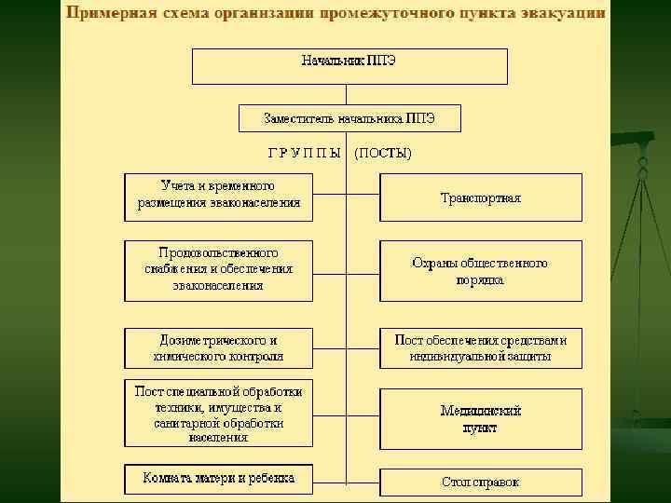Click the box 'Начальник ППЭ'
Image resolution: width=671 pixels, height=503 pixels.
pyautogui.click(x=349, y=66)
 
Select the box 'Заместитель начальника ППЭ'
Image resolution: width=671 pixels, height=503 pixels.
pyautogui.click(x=349, y=119)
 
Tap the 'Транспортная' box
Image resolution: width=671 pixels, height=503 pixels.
pyautogui.click(x=481, y=197)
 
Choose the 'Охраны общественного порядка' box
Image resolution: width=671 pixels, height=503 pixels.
pyautogui.click(x=481, y=271)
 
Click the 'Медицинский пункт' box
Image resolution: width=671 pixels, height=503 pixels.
pyautogui.click(x=481, y=418)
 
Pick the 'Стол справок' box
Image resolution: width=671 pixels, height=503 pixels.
pyautogui.click(x=481, y=483)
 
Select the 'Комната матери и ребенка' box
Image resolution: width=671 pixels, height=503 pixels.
pyautogui.click(x=219, y=479)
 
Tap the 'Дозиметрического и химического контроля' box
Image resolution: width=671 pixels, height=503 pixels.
pyautogui.click(x=219, y=347)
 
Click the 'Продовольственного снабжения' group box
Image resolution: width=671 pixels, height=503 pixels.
pyautogui.click(x=219, y=270)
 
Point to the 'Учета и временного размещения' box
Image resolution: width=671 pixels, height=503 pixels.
pyautogui.click(x=219, y=195)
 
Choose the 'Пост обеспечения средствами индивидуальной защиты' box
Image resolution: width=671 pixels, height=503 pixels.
pyautogui.click(x=481, y=347)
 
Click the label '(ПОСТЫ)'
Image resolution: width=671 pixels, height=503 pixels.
pyautogui.click(x=383, y=152)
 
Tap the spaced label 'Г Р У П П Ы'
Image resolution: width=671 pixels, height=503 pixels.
pyautogui.click(x=304, y=152)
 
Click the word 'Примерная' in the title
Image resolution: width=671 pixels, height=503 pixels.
pyautogui.click(x=106, y=14)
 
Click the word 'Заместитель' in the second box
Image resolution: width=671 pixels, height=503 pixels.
pyautogui.click(x=297, y=119)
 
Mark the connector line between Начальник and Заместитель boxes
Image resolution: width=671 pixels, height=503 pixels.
pyautogui.click(x=349, y=95)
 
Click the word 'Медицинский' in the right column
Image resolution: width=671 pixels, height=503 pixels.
pyautogui.click(x=481, y=411)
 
